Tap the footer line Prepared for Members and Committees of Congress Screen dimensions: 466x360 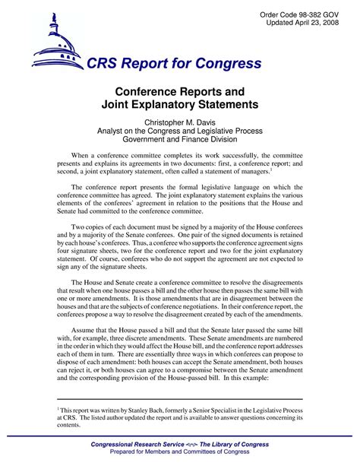(180, 453)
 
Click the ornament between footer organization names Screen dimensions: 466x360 (188, 444)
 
